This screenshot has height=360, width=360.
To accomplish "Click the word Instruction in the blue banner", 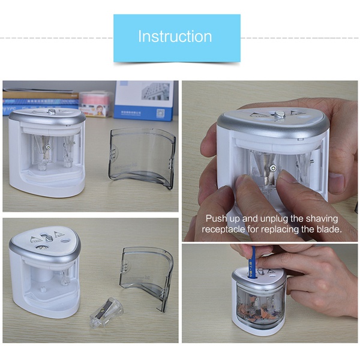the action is coord(175,36).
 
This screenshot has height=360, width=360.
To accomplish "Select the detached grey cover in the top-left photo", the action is coord(142,158).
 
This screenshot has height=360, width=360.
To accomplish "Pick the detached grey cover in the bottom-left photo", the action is coord(146,278).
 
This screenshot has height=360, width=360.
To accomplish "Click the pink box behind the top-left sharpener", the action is coord(97,104).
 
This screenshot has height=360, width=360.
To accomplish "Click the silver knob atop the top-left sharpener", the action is coord(52,112).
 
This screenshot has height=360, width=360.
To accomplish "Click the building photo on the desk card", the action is coord(155,91).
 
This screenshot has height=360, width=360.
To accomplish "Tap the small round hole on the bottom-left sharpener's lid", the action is coord(66,241).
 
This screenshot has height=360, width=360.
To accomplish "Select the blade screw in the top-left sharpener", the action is coord(48,146).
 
